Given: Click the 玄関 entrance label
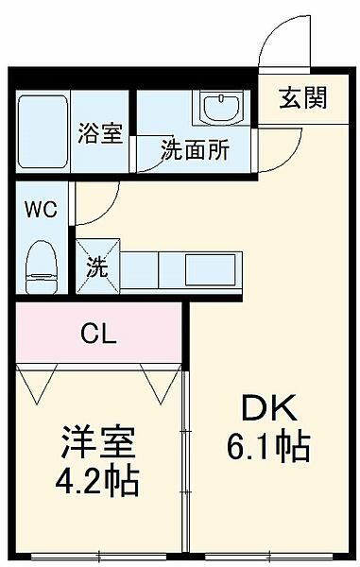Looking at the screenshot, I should click(302, 98).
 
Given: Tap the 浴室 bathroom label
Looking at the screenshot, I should click(99, 134).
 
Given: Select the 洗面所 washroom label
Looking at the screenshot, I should click(194, 151).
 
